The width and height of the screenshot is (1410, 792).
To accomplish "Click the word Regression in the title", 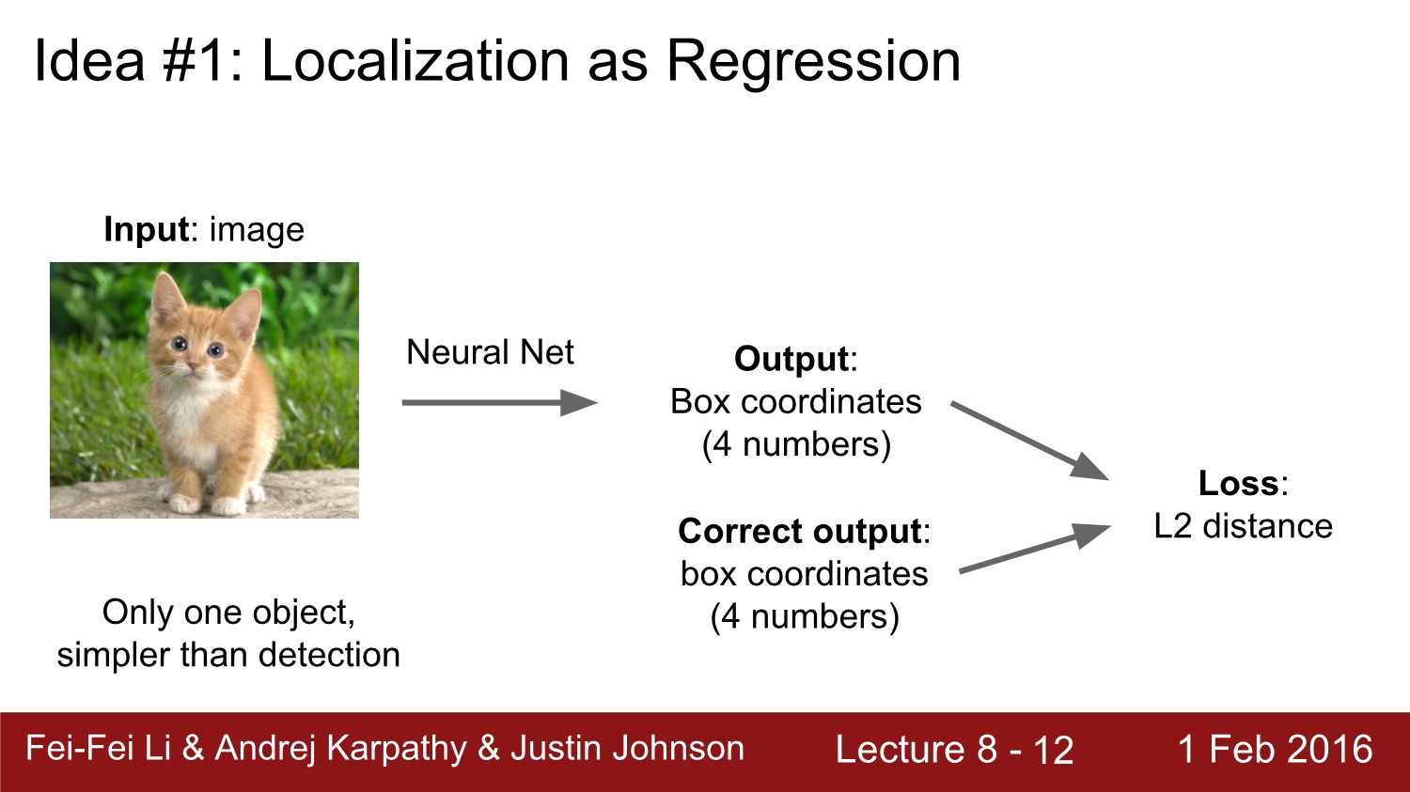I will pyautogui.click(x=813, y=62).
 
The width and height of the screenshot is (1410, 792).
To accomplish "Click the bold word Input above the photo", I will pyautogui.click(x=147, y=229).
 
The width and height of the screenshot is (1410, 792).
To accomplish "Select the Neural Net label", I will pyautogui.click(x=490, y=352).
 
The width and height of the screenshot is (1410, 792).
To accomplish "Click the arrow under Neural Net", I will pyautogui.click(x=499, y=403).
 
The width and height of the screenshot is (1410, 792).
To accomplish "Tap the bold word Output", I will pyautogui.click(x=791, y=359).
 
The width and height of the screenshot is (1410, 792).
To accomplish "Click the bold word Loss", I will pyautogui.click(x=1238, y=483).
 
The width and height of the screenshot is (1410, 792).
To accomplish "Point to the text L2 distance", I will pyautogui.click(x=1243, y=526).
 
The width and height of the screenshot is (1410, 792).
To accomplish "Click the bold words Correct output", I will pyautogui.click(x=799, y=531).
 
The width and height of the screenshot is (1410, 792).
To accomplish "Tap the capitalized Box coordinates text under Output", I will pyautogui.click(x=796, y=401).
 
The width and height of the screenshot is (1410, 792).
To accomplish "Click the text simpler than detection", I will pyautogui.click(x=228, y=655).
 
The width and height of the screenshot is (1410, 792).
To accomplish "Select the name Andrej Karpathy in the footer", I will pyautogui.click(x=340, y=749).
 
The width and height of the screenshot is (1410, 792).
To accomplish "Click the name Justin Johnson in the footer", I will pyautogui.click(x=627, y=749).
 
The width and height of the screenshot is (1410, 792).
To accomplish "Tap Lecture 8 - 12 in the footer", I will pyautogui.click(x=954, y=750).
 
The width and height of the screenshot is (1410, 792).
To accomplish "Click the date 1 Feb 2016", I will pyautogui.click(x=1275, y=750).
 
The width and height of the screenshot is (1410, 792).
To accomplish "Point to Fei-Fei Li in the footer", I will pyautogui.click(x=98, y=749).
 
